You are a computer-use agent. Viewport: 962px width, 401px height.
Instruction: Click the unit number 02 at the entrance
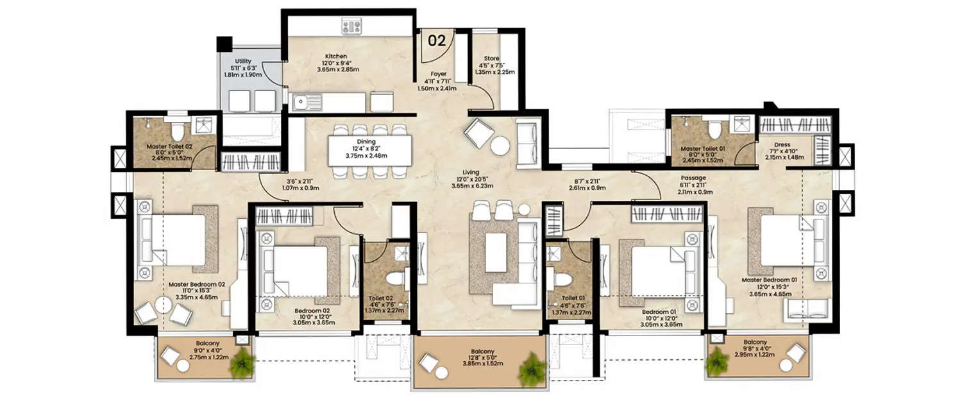tap(437, 41)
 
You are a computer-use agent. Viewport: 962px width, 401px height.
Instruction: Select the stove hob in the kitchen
tap(352, 26)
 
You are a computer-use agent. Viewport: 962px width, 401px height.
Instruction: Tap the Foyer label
tap(438, 74)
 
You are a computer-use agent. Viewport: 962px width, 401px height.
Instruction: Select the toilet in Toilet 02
tap(396, 279)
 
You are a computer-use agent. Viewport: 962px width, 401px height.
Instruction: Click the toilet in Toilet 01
tap(562, 279)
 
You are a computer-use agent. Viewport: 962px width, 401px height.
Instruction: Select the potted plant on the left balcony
tap(241, 363)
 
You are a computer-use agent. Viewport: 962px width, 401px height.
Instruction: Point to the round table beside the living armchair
tap(502, 146)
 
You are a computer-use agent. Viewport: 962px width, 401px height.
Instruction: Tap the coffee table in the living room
tap(496, 252)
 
